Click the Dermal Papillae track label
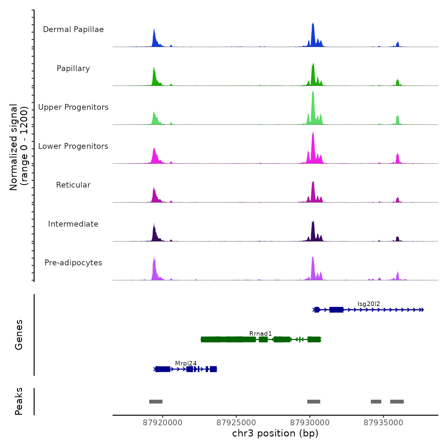73,29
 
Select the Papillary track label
73,68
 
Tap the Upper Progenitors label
73,107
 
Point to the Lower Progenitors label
73,146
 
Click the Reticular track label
73,185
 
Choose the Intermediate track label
73,224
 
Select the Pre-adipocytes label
73,263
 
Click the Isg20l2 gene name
369,304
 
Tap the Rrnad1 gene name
260,334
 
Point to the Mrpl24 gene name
186,364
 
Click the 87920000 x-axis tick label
163,423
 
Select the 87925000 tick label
236,423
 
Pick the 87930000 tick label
310,423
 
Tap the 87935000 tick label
383,423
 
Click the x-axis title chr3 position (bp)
275,433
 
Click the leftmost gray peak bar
156,402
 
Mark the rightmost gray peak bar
397,402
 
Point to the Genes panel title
19,335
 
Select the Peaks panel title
19,401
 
